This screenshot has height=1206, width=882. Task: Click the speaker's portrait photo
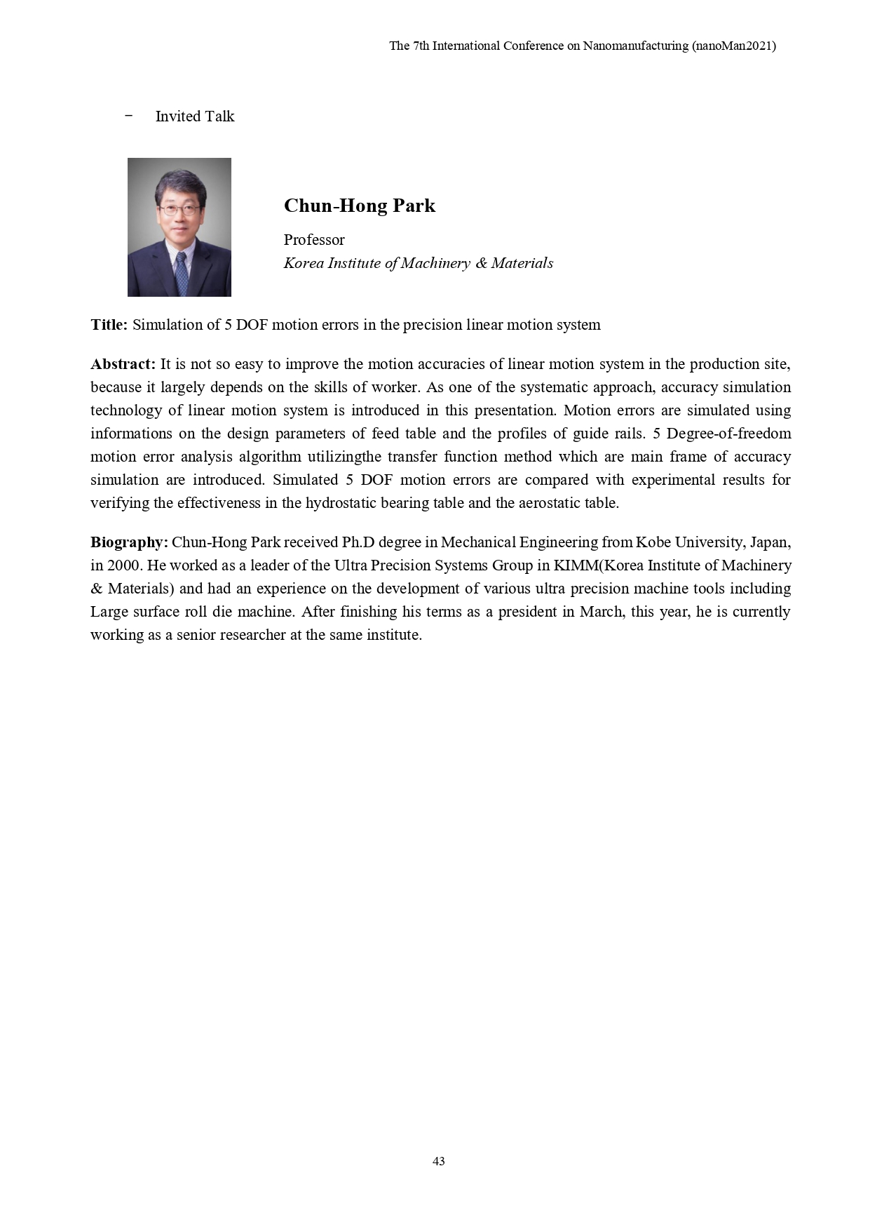179,227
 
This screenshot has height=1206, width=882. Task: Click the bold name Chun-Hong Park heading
359,206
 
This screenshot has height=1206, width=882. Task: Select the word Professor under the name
314,240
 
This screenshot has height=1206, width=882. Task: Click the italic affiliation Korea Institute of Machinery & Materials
418,263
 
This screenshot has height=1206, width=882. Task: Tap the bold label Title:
109,325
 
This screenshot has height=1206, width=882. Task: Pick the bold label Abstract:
123,364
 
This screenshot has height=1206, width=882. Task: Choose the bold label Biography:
129,542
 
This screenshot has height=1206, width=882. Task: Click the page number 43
439,1161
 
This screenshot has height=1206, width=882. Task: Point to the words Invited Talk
195,116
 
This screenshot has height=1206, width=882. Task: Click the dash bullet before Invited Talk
128,116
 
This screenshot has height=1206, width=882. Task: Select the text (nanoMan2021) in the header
733,46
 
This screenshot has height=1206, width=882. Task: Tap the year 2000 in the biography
123,565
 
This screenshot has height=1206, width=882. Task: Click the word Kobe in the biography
653,542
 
